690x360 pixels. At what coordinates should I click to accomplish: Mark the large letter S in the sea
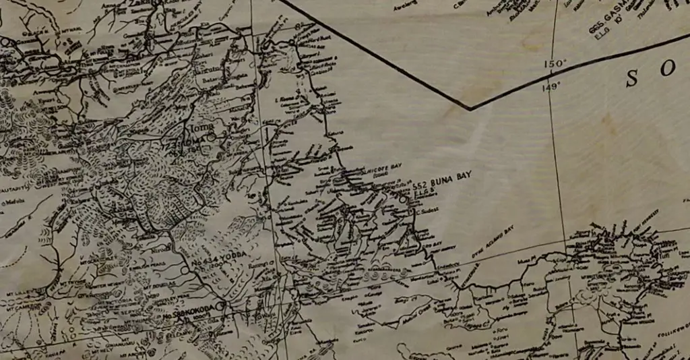click(x=632, y=78)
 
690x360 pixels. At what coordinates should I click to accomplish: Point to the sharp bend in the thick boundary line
click(x=470, y=108)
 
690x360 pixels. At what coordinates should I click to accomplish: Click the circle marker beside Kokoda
click(x=219, y=306)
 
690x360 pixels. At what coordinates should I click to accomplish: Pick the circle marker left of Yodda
click(x=185, y=270)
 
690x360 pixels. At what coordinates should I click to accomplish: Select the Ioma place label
click(x=203, y=126)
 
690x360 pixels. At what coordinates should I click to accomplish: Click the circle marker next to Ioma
click(x=211, y=137)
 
